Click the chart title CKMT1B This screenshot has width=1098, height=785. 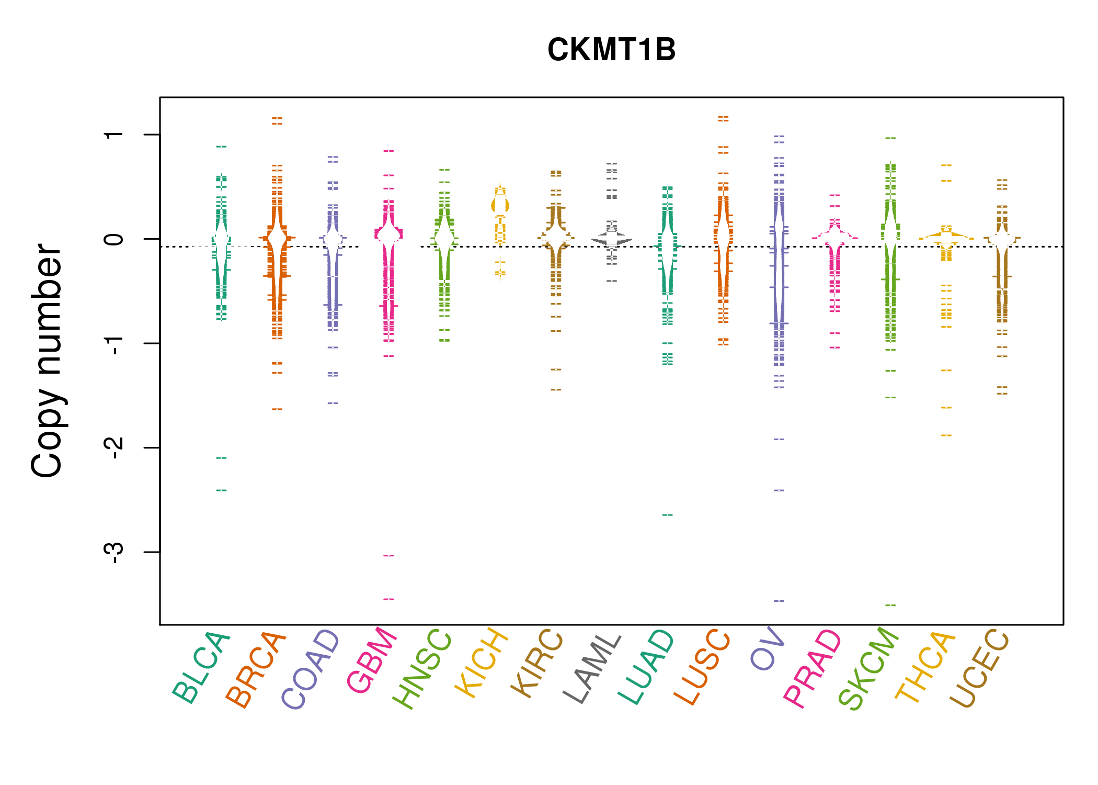click(611, 50)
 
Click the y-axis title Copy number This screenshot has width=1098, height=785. click(47, 361)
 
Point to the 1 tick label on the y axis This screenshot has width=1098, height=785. click(113, 134)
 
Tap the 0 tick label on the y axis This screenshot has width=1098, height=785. click(113, 239)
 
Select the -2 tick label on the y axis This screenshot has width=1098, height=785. click(113, 447)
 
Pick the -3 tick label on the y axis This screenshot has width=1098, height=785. click(113, 552)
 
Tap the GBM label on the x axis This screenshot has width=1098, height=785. click(372, 660)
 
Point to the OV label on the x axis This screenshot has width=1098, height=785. click(768, 648)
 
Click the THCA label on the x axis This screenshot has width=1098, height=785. click(925, 667)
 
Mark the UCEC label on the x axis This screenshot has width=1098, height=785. click(979, 668)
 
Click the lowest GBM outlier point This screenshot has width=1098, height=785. click(388, 599)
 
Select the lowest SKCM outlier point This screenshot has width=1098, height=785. click(890, 605)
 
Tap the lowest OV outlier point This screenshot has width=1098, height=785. click(779, 601)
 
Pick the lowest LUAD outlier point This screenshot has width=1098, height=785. click(668, 515)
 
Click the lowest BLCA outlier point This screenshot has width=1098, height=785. click(222, 490)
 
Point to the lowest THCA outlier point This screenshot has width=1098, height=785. click(946, 435)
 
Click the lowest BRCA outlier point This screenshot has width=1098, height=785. click(277, 409)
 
